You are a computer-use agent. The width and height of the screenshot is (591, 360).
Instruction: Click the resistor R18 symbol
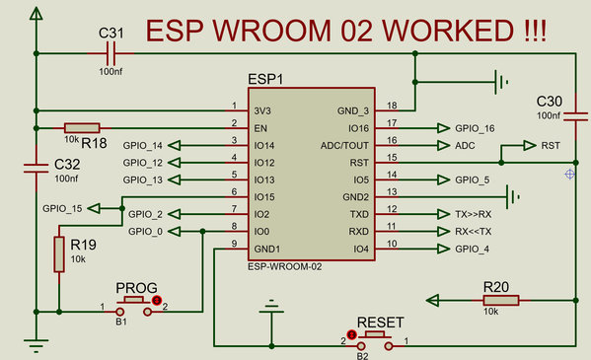coord(82,128)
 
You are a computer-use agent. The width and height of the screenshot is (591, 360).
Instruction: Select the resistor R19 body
coord(59,254)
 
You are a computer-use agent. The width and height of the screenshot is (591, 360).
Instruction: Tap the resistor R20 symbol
coord(501,301)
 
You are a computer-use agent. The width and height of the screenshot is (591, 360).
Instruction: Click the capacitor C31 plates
coord(111,53)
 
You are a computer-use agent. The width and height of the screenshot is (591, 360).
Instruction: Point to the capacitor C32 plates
coord(37,168)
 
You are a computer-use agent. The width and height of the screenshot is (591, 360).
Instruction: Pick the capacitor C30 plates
coord(575,116)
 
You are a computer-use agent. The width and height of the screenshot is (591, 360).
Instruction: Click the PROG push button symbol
coord(134,307)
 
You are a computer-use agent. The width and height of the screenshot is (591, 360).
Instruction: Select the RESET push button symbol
coord(375,340)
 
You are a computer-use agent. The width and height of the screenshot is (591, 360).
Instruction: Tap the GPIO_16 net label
coord(475,128)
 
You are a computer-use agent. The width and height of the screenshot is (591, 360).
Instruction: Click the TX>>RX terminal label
coord(473,214)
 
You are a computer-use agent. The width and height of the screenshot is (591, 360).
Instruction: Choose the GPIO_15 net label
coord(62,208)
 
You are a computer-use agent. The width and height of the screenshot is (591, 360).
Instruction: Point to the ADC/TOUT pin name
coord(344,146)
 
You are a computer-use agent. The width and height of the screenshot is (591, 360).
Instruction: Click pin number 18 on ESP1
coord(392,106)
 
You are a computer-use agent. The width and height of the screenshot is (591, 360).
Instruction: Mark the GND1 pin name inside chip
coord(266,249)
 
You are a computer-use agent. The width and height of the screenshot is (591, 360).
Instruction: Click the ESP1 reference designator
coord(265,79)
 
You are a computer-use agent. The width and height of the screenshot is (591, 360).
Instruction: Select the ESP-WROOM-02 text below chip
coord(284,267)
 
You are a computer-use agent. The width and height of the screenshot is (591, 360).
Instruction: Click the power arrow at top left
coord(37,14)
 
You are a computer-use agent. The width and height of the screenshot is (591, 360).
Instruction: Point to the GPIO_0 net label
coord(145,232)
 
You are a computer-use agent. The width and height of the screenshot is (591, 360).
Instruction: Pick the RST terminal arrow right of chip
coord(530,146)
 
